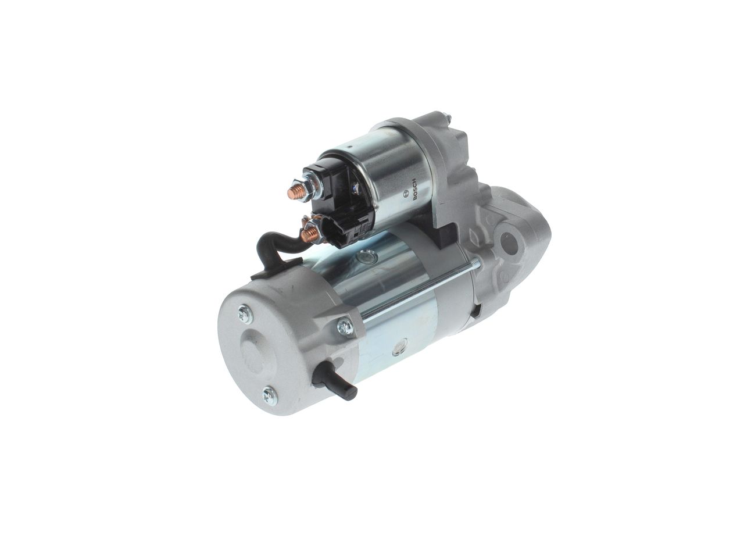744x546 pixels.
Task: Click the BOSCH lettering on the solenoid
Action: tap(414, 189)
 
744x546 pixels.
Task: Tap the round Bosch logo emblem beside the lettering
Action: tap(405, 194)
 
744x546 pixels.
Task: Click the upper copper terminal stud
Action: tap(294, 192)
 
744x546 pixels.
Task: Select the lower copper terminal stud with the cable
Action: tap(307, 234)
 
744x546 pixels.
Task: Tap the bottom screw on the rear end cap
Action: tap(269, 395)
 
